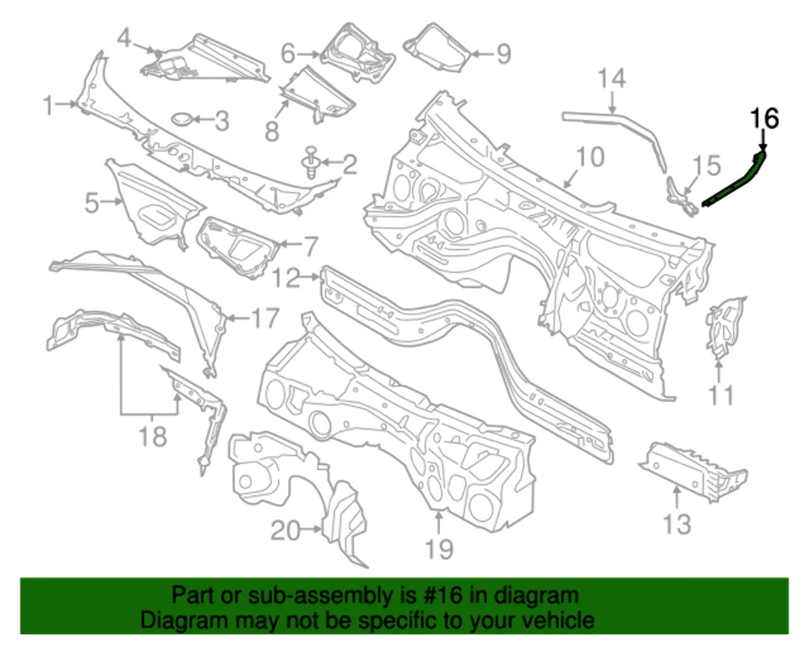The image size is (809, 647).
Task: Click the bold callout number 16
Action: click(x=765, y=119)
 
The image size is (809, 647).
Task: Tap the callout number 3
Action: click(x=220, y=122)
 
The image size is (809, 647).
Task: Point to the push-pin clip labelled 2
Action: click(x=311, y=161)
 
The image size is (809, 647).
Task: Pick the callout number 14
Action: click(x=612, y=79)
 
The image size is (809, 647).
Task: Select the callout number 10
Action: click(x=591, y=157)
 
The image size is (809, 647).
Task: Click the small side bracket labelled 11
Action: click(x=725, y=327)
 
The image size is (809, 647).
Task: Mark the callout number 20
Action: click(x=285, y=531)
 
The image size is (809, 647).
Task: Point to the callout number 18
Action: click(x=152, y=437)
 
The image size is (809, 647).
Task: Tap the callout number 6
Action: click(x=288, y=54)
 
